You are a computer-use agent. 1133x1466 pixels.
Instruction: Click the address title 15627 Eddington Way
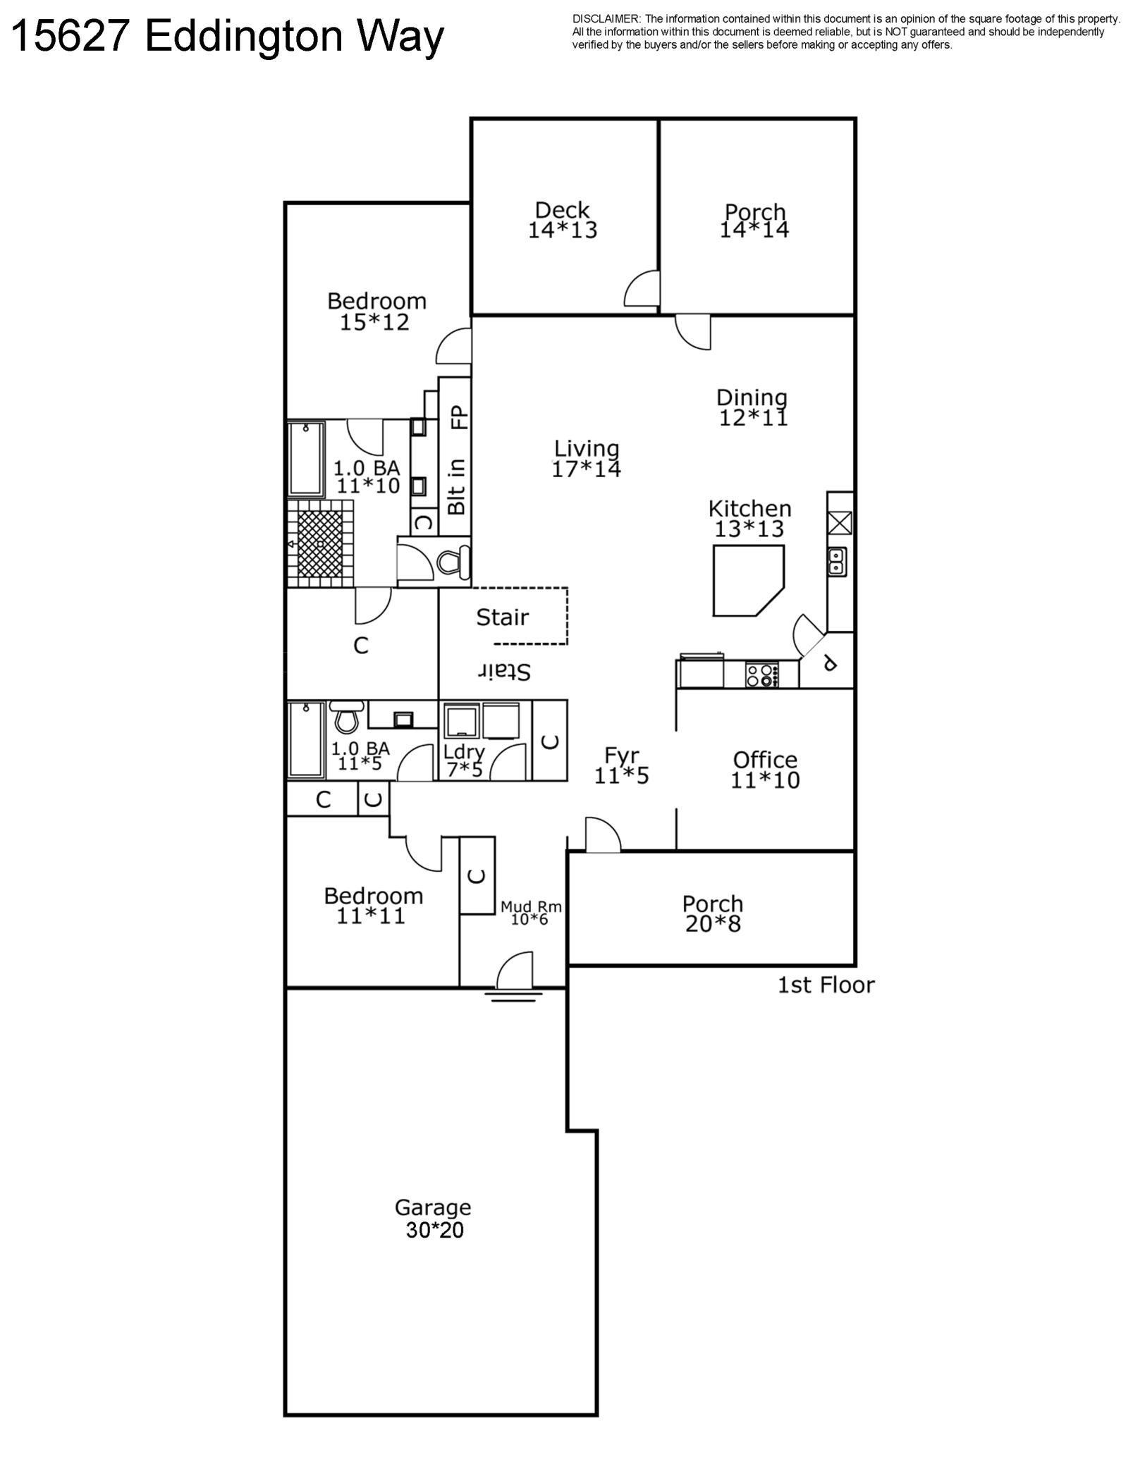[x=228, y=36]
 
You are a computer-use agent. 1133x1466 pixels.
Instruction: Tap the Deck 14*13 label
[x=562, y=220]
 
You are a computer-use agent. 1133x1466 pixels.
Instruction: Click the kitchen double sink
[x=837, y=562]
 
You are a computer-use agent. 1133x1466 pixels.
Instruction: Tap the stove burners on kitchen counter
[x=762, y=675]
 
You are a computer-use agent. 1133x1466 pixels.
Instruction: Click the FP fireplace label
[x=459, y=417]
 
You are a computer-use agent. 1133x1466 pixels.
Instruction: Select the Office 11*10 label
[x=765, y=770]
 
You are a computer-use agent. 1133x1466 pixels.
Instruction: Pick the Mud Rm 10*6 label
[x=530, y=913]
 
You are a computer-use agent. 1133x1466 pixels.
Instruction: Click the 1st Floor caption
[x=826, y=985]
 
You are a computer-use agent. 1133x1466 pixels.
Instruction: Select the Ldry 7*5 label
[x=464, y=760]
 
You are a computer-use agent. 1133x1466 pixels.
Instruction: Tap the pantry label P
[x=830, y=663]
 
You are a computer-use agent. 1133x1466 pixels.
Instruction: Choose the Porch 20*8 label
[x=713, y=913]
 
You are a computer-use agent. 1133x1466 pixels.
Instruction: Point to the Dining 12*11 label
[x=752, y=407]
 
